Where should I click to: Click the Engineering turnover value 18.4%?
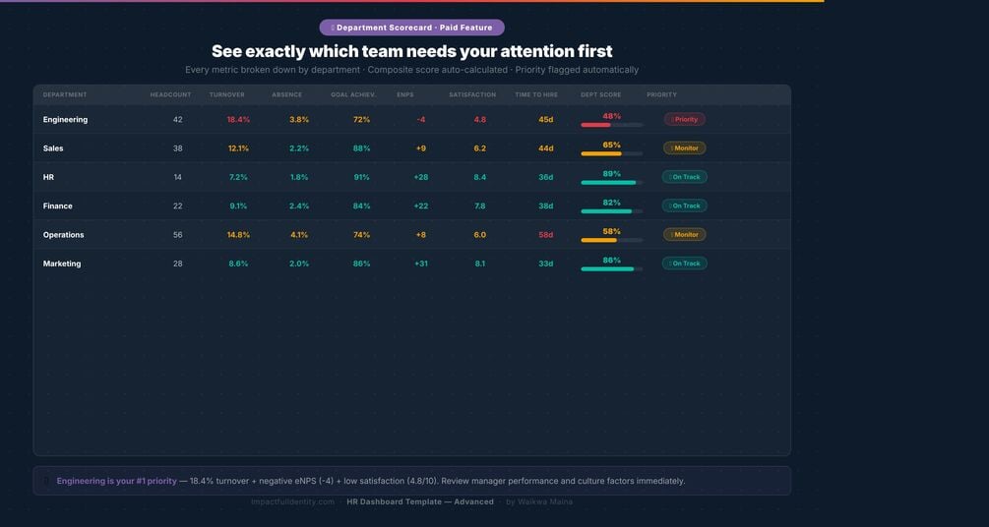[x=238, y=120]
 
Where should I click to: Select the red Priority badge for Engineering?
[x=685, y=120]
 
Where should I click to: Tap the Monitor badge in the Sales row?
[x=684, y=148]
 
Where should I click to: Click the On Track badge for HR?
[x=684, y=177]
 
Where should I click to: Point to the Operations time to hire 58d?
[x=545, y=235]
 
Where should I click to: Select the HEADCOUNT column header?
[x=170, y=95]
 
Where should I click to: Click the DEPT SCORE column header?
[x=600, y=95]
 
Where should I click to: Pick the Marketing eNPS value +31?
[x=420, y=263]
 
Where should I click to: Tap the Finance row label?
[x=57, y=206]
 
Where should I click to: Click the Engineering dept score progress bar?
[x=611, y=125]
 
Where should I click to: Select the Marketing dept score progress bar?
[x=611, y=268]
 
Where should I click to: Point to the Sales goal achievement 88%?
[x=361, y=148]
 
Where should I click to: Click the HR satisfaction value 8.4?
[x=479, y=177]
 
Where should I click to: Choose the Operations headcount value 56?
[x=177, y=235]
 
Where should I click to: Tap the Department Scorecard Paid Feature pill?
[x=411, y=28]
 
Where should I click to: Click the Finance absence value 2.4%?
[x=299, y=206]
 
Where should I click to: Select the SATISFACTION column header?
[x=472, y=95]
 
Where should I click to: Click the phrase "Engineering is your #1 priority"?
[x=116, y=481]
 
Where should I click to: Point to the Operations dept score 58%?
[x=611, y=231]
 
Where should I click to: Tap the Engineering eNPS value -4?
[x=420, y=120]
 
